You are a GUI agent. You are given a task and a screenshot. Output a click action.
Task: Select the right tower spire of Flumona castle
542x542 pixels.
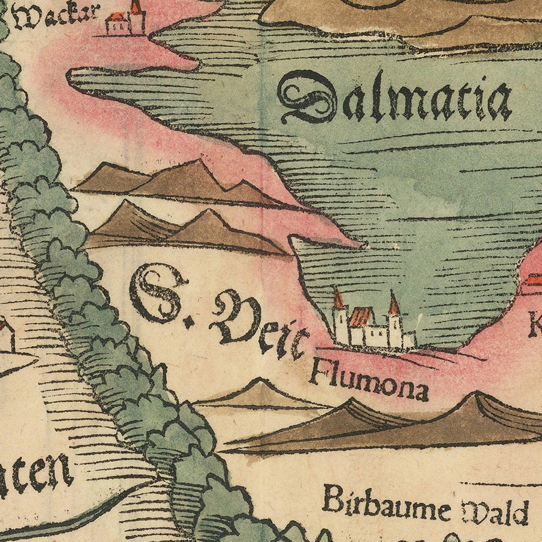click(x=393, y=304)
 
